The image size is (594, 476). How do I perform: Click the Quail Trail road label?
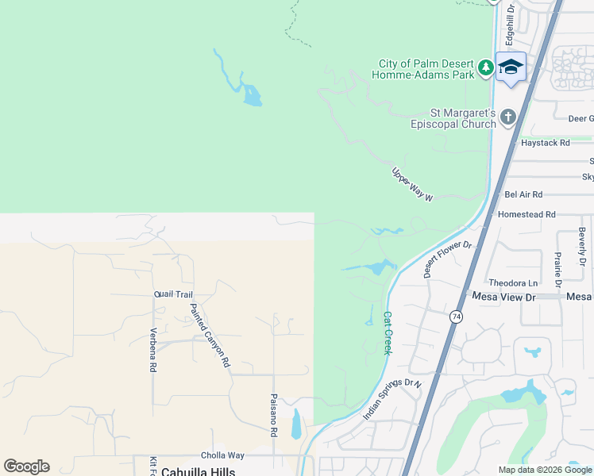coord(173,294)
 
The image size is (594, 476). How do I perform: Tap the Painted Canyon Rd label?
coord(210,334)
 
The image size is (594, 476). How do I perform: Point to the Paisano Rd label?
coord(273,416)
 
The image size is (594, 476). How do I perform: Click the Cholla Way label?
coord(222,455)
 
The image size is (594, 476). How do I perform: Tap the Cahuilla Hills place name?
coord(198,471)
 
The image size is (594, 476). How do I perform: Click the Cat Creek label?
coord(388,332)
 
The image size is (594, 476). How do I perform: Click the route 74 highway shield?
coord(456,317)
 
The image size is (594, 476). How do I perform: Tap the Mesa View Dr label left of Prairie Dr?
coord(504,296)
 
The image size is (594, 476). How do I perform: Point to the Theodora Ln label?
coord(513,282)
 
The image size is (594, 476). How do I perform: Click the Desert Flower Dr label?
coord(448,258)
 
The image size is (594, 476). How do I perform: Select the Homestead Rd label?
coord(526,214)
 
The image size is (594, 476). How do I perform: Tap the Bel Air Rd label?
coord(523,194)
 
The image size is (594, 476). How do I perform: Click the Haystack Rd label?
coord(546,143)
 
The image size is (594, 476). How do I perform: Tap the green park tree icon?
coord(486,69)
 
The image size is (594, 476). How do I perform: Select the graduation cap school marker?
coord(511,67)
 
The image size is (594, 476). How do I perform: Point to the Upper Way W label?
coord(412,184)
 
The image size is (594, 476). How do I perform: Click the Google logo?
coord(26,466)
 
